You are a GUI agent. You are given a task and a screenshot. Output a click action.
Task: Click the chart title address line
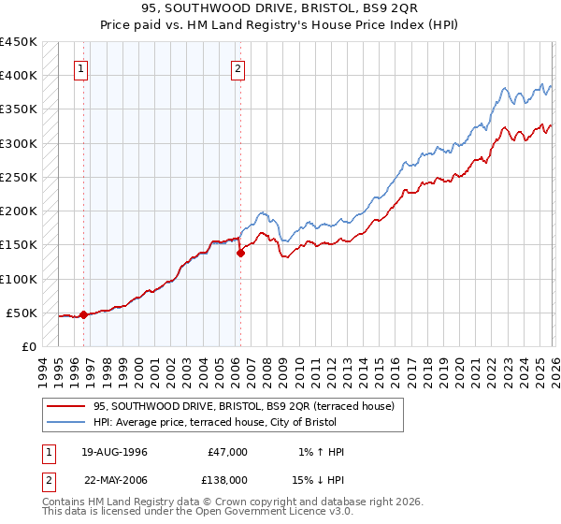(x=280, y=9)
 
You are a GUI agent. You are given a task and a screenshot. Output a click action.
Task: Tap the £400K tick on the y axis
(x=19, y=76)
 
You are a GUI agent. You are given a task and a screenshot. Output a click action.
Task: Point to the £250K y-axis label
(x=19, y=177)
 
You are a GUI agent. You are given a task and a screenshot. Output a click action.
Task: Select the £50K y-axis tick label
(x=22, y=313)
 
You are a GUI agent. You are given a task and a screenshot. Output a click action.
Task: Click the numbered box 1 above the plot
(x=82, y=68)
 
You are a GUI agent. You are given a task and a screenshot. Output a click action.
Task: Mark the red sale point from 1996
(x=84, y=314)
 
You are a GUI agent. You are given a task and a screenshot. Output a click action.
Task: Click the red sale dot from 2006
(x=240, y=253)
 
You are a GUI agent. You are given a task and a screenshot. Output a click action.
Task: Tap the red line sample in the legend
(x=66, y=406)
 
